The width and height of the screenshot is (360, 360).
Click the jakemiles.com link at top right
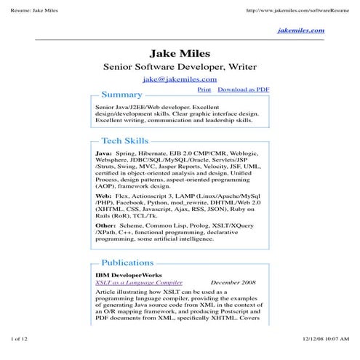pyautogui.click(x=300, y=31)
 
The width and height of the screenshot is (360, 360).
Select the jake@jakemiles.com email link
pyautogui.click(x=180, y=79)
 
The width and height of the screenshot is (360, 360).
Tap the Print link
pyautogui.click(x=204, y=89)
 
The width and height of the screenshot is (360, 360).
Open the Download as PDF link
pyautogui.click(x=244, y=89)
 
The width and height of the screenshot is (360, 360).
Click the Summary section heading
pyautogui.click(x=121, y=95)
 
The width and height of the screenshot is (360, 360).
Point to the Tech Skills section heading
pyautogui.click(x=124, y=141)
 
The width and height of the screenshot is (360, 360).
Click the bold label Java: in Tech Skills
pyautogui.click(x=104, y=154)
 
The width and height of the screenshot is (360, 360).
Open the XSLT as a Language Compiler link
pyautogui.click(x=139, y=281)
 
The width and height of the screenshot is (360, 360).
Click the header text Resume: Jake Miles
pyautogui.click(x=30, y=10)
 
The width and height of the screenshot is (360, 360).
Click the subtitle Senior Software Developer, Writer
pyautogui.click(x=180, y=66)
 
